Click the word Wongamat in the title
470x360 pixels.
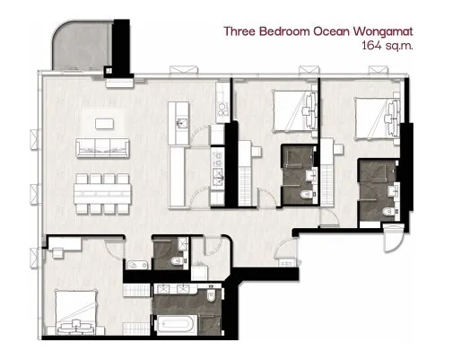(383, 31)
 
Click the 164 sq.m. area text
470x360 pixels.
(387, 46)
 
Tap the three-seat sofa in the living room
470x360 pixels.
(102, 148)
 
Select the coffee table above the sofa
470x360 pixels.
(104, 124)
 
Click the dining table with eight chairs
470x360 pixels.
(102, 194)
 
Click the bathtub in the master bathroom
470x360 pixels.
(176, 325)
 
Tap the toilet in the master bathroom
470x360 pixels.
(211, 295)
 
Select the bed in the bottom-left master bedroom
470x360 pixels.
(76, 312)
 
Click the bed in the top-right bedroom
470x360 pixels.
(378, 119)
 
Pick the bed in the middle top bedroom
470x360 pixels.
(295, 111)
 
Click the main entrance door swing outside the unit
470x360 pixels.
(394, 238)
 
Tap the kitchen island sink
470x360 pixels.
(182, 123)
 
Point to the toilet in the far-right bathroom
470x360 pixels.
(388, 212)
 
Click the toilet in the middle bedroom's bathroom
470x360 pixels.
(307, 195)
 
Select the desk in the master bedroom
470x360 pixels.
(65, 243)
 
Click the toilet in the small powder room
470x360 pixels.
(178, 261)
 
